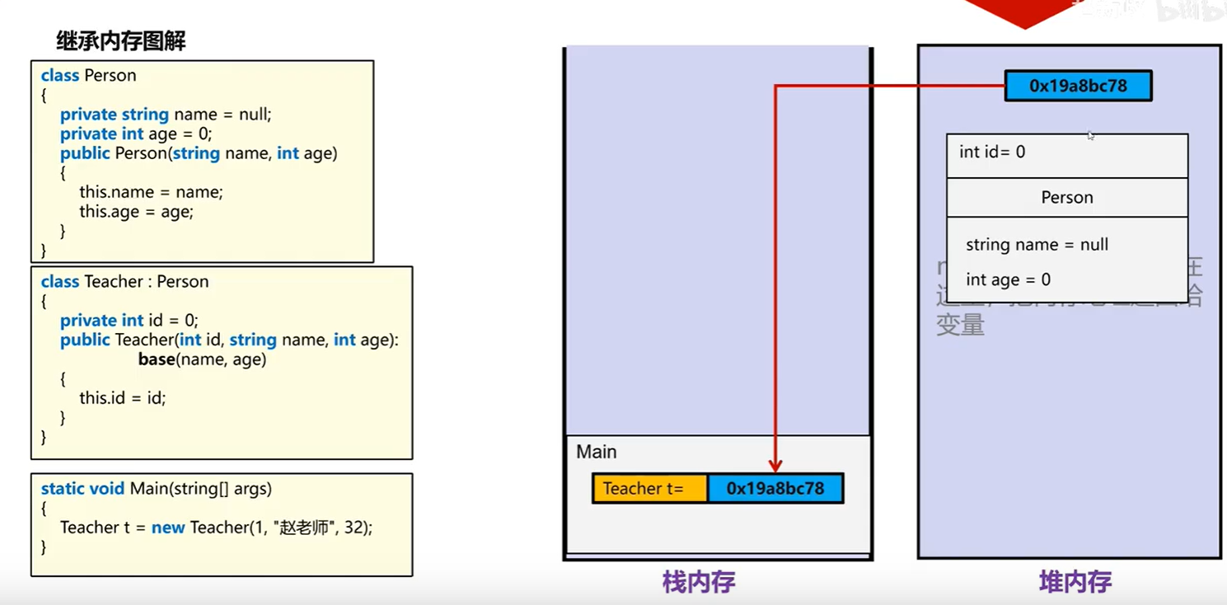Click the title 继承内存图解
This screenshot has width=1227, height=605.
121,41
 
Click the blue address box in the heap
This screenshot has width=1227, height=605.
1078,86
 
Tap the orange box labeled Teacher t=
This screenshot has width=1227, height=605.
649,489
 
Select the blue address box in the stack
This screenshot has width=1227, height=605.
775,489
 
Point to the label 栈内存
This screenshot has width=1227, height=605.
698,583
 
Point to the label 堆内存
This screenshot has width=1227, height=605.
1075,583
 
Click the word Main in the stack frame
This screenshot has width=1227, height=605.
597,452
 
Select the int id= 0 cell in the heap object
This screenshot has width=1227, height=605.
992,152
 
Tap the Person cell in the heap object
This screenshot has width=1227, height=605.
1066,198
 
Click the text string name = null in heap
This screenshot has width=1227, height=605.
1037,245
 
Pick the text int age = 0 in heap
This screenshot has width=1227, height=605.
1008,280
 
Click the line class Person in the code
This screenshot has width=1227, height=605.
88,76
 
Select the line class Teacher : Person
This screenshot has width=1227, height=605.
124,282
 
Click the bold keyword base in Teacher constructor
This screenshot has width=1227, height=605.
157,359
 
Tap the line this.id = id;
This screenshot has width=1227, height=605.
122,398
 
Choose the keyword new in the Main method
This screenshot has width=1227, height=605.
168,528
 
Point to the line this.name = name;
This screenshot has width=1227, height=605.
151,192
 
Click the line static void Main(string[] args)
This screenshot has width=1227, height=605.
156,489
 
